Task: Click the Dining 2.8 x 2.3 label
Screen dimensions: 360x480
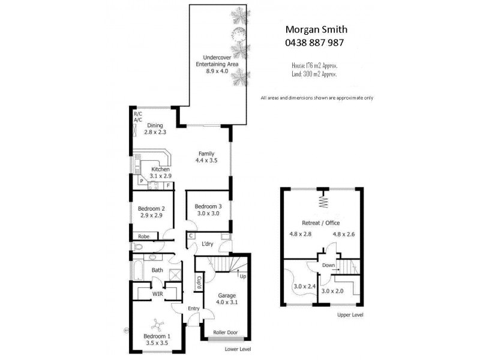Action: pyautogui.click(x=156, y=129)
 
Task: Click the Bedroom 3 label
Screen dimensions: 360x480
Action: pyautogui.click(x=208, y=209)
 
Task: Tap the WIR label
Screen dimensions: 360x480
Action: pyautogui.click(x=158, y=293)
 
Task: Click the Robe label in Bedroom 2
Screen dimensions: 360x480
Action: pyautogui.click(x=143, y=236)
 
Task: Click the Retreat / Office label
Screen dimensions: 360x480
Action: pyautogui.click(x=323, y=223)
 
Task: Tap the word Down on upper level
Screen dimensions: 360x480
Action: pyautogui.click(x=328, y=265)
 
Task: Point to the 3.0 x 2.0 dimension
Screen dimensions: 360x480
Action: pyautogui.click(x=332, y=291)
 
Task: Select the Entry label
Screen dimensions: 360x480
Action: pyautogui.click(x=194, y=308)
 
